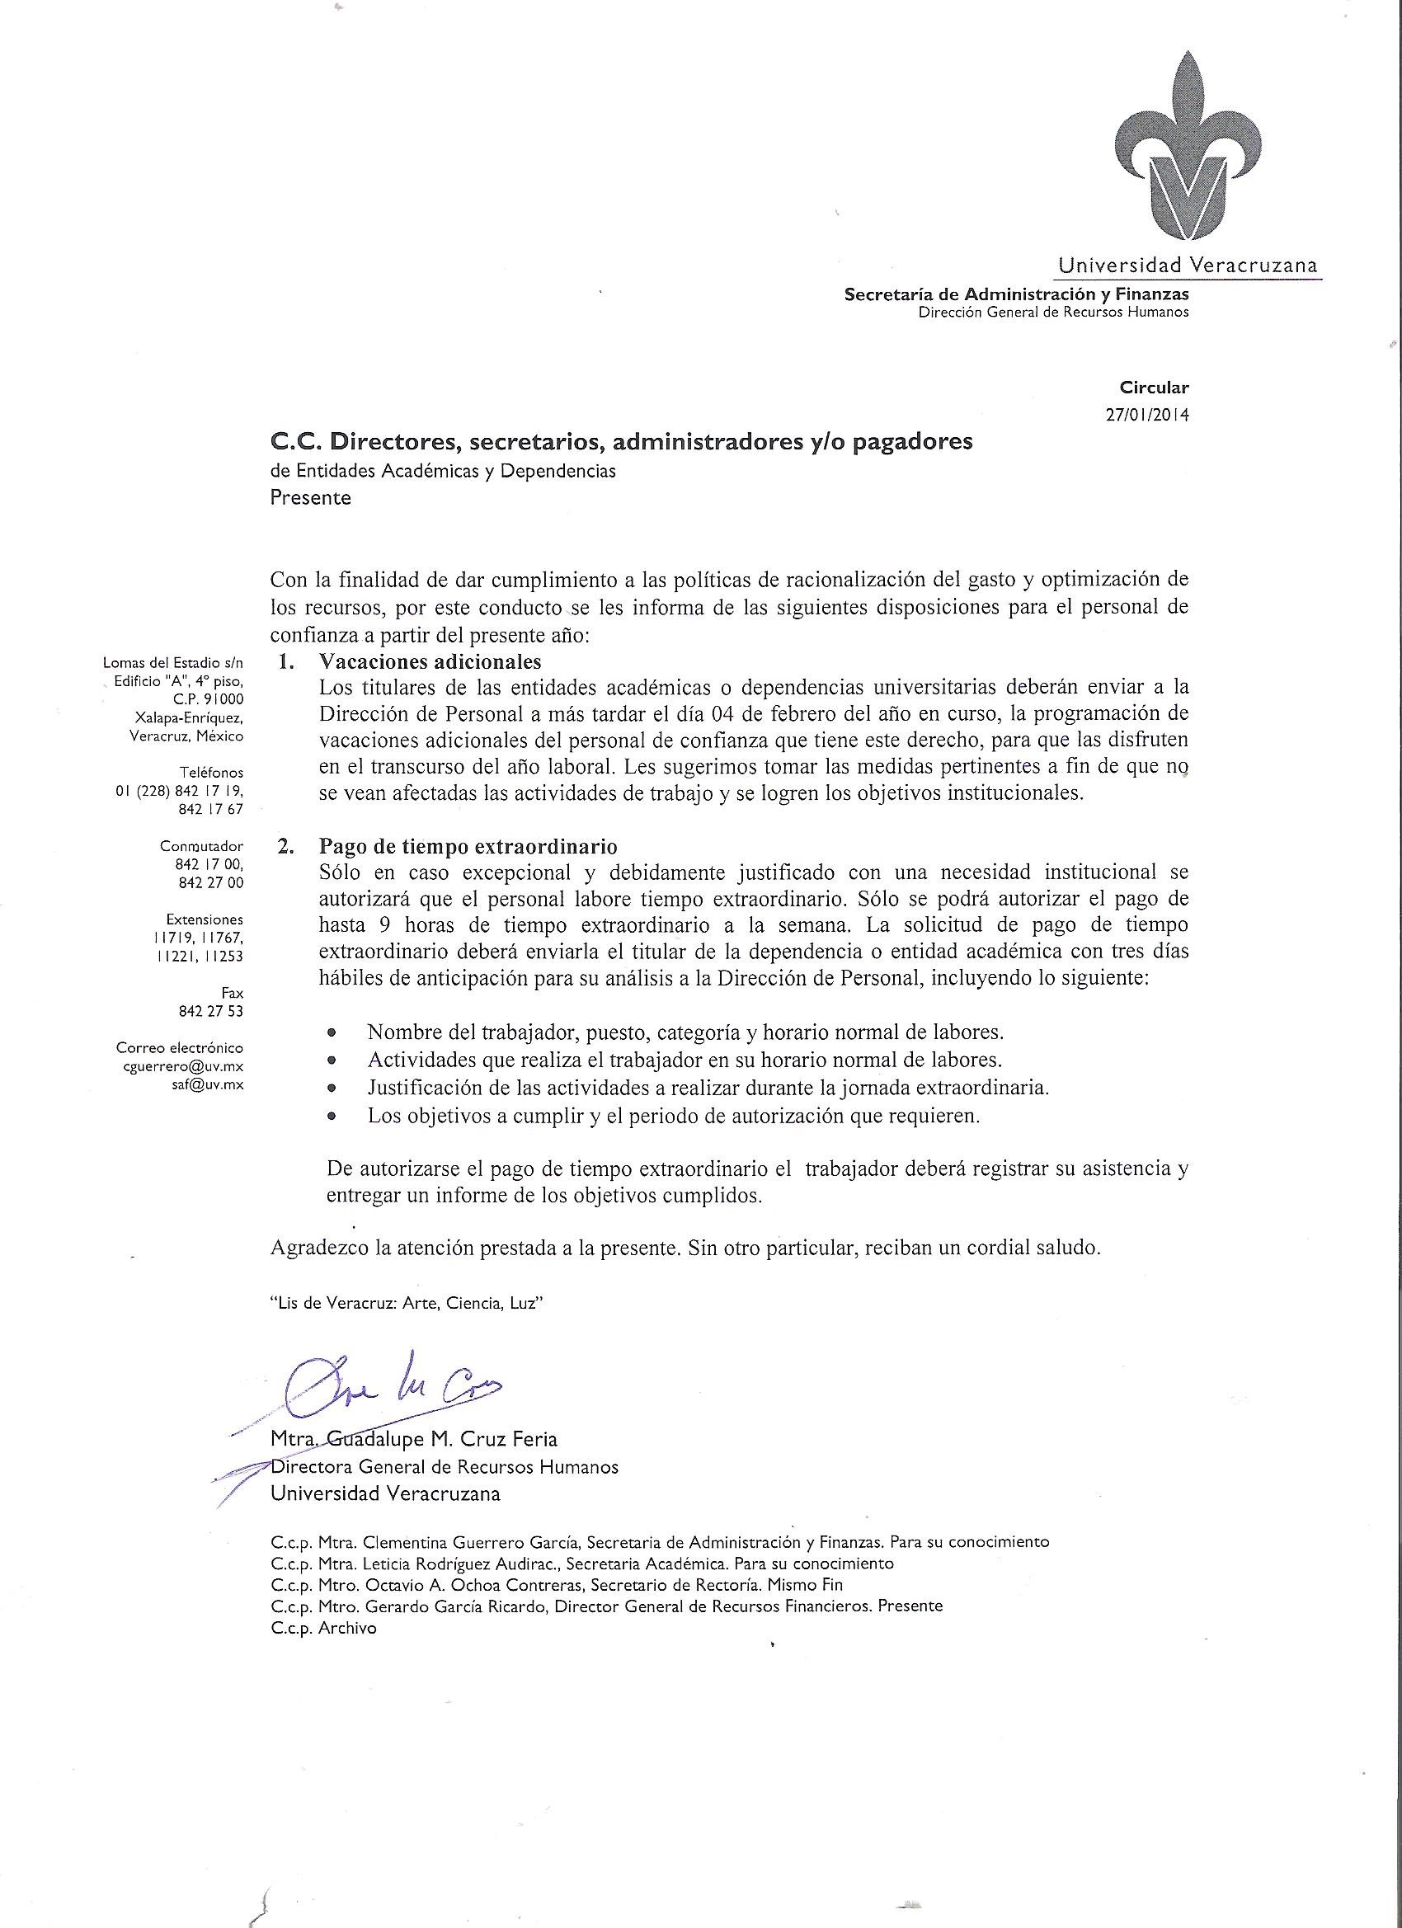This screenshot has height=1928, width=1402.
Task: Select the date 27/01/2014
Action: pyautogui.click(x=1147, y=416)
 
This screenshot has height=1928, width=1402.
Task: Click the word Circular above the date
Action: pyautogui.click(x=1154, y=388)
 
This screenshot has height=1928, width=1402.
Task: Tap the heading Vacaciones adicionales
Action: pyautogui.click(x=430, y=661)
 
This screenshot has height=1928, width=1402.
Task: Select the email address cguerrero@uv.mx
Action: pyautogui.click(x=184, y=1066)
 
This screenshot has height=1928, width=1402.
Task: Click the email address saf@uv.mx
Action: pyautogui.click(x=208, y=1084)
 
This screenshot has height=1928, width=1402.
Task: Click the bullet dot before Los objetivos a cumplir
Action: pyautogui.click(x=332, y=1117)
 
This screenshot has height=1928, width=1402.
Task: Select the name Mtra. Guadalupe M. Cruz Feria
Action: pyautogui.click(x=414, y=1439)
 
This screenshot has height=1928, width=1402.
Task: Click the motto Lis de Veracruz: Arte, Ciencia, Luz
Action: pyautogui.click(x=407, y=1303)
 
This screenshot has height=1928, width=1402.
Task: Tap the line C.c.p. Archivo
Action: pyautogui.click(x=323, y=1628)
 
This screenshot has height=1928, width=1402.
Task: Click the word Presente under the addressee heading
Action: pyautogui.click(x=310, y=497)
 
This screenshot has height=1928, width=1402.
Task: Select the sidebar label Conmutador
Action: pyautogui.click(x=201, y=846)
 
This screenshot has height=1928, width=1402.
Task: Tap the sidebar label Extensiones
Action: pyautogui.click(x=204, y=919)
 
